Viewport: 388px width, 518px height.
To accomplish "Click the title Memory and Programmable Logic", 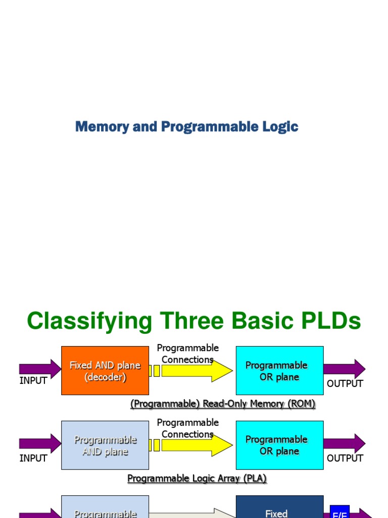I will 186,126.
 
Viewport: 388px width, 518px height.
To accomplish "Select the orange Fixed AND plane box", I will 105,371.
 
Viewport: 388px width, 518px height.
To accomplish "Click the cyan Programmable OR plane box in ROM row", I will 279,371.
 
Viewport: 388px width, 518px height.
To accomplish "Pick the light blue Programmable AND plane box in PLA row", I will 105,445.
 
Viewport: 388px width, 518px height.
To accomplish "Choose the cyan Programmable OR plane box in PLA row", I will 279,445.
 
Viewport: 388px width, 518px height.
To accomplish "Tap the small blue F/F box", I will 339,512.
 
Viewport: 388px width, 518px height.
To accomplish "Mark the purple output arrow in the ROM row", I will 344,369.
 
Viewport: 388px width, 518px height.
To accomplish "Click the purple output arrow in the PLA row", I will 344,443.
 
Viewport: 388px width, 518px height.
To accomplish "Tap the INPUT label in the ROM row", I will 33,381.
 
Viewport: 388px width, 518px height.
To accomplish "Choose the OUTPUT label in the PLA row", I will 345,458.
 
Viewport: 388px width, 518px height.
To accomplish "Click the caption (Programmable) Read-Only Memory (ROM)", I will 223,404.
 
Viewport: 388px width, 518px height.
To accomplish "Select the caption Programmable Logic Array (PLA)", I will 197,478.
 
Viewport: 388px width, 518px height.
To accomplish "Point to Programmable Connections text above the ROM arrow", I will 188,354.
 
